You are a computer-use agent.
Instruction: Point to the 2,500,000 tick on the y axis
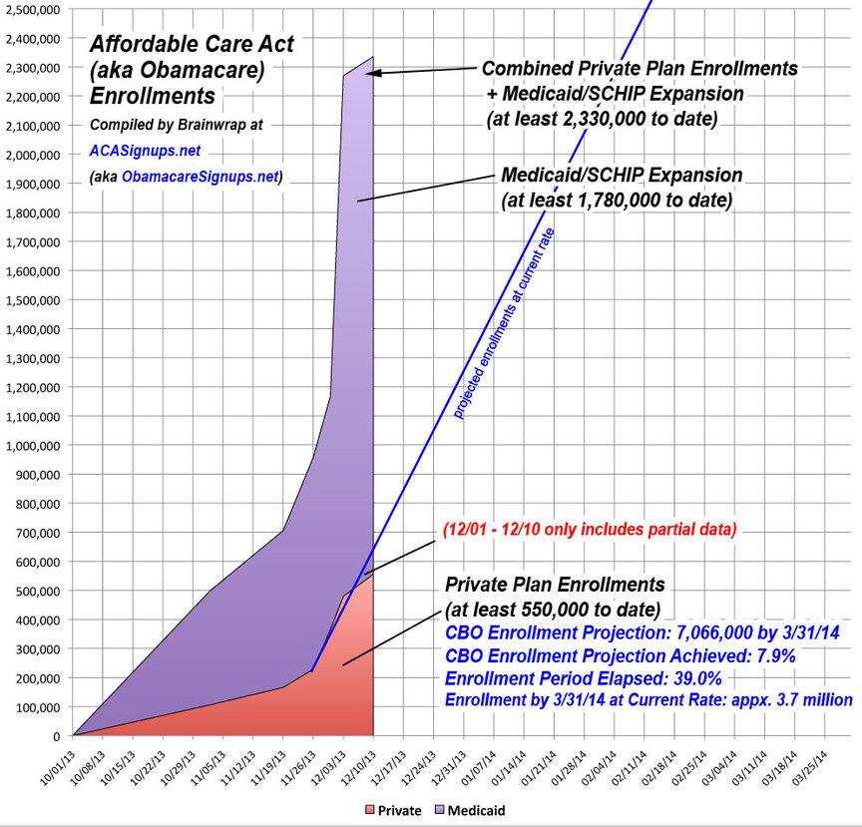33,9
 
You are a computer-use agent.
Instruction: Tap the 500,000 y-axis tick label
39,591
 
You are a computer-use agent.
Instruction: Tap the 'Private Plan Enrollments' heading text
554,584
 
